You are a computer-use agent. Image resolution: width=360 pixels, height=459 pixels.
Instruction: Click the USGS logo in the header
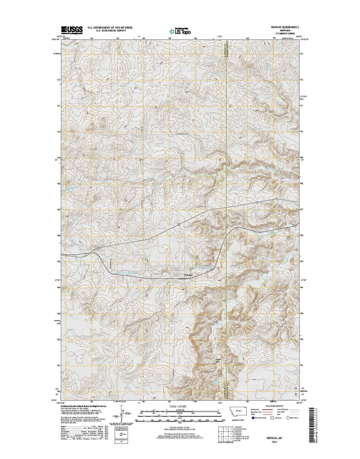tap(72, 30)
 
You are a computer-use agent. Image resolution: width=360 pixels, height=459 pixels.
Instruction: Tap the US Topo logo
tap(180, 31)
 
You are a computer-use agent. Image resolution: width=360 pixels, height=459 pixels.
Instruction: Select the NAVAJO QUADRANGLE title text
tap(282, 28)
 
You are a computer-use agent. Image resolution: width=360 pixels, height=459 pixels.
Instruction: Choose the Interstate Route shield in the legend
tap(253, 418)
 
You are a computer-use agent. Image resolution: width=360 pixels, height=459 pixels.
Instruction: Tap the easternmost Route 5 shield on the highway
tap(257, 202)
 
